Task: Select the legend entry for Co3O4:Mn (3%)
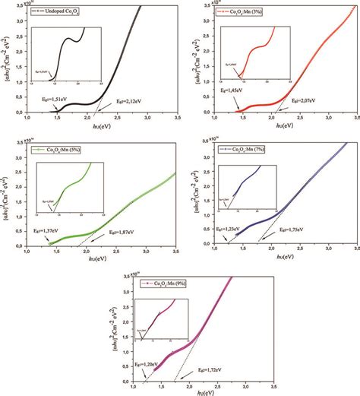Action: (250, 13)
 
